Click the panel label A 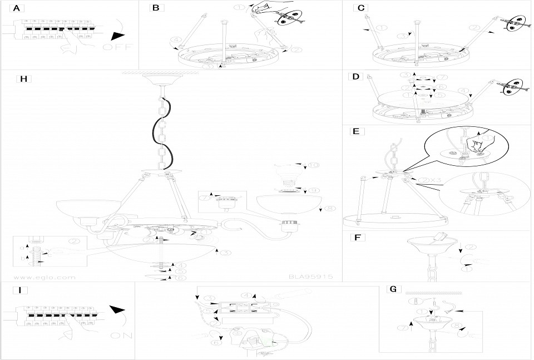point(17,8)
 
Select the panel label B point(156,8)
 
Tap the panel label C point(362,8)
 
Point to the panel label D point(356,77)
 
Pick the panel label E point(356,132)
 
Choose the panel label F point(356,238)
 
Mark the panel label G point(393,289)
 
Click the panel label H point(23,78)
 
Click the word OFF point(118,47)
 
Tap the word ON point(121,336)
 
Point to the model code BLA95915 point(310,275)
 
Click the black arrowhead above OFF point(117,35)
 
